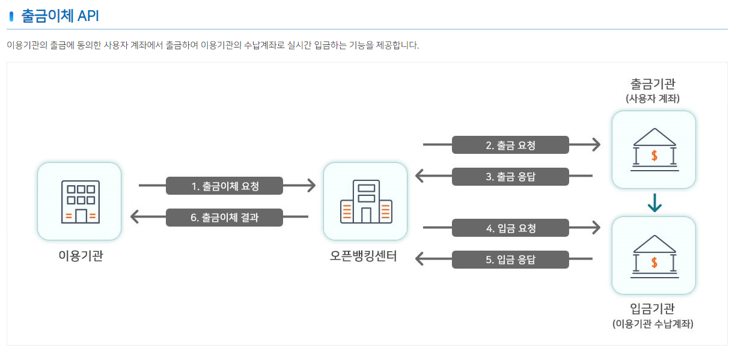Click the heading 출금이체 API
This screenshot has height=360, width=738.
[x=60, y=16]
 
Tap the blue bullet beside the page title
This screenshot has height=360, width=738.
[x=11, y=17]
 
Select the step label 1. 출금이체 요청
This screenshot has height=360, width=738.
[x=224, y=186]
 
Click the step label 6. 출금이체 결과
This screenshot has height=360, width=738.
[x=224, y=218]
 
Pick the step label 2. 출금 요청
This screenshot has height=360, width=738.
[x=510, y=145]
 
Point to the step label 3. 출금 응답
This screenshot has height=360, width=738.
[x=510, y=177]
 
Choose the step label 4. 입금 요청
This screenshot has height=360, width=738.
[x=510, y=228]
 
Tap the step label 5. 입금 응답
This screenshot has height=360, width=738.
[x=510, y=260]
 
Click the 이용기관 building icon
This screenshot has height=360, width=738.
[x=79, y=201]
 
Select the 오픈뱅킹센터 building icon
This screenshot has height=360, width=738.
[x=365, y=201]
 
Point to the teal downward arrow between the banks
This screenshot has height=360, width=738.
[x=654, y=204]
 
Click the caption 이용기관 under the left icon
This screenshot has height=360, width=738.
[x=80, y=256]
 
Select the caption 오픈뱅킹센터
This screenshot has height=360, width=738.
[x=364, y=256]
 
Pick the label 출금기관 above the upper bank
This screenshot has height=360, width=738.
[x=653, y=84]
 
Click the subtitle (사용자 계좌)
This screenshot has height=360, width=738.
[x=653, y=98]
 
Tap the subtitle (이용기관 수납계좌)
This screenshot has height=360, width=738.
[x=653, y=324]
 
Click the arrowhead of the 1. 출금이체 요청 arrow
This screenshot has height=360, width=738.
[x=311, y=186]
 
